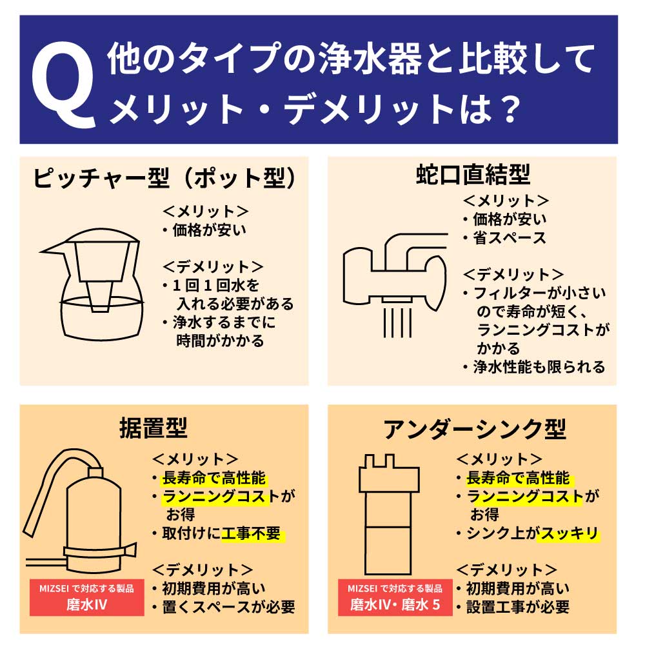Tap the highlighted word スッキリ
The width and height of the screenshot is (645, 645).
point(568,534)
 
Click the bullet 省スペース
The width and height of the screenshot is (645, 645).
point(509,238)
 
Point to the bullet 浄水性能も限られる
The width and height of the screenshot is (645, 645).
point(539,367)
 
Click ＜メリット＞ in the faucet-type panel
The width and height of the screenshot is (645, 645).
point(506,200)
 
